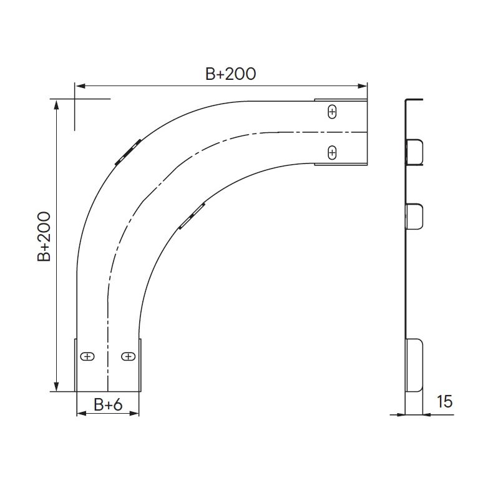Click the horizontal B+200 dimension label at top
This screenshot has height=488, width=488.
pyautogui.click(x=231, y=74)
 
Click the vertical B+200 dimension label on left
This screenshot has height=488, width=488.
pyautogui.click(x=44, y=237)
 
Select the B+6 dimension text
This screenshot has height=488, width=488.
pyautogui.click(x=108, y=404)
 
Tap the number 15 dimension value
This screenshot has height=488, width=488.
pyautogui.click(x=444, y=401)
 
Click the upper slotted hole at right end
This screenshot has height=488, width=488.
pyautogui.click(x=333, y=112)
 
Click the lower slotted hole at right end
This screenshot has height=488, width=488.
pyautogui.click(x=333, y=152)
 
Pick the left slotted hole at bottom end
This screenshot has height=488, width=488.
pyautogui.click(x=87, y=356)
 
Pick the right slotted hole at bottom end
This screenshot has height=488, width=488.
pyautogui.click(x=128, y=356)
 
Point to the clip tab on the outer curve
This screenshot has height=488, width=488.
pyautogui.click(x=128, y=152)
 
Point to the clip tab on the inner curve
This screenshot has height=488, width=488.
pyautogui.click(x=192, y=216)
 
